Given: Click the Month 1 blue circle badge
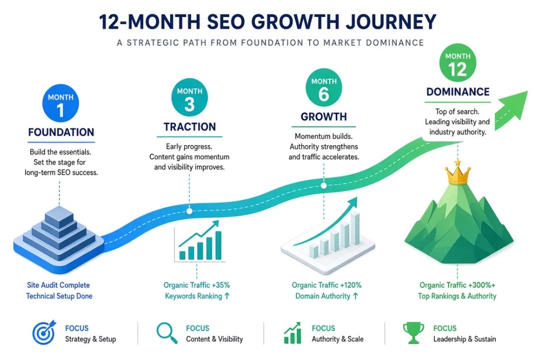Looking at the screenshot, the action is tap(61, 103).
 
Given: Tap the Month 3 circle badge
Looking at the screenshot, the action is tap(189, 98).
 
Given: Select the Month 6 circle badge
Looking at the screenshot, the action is tap(324, 88).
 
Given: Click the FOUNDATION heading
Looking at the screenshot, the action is tap(61, 132).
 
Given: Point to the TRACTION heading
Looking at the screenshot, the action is tap(190, 127).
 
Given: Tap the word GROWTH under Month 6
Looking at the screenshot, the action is tap(324, 117).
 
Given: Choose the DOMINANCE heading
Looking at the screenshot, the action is tap(458, 92).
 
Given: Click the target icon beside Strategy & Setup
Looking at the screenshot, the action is tap(44, 332).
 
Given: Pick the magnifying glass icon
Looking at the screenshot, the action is tap(167, 332).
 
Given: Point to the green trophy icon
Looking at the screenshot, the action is tap(413, 332).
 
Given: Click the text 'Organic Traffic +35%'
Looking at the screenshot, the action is tap(197, 285).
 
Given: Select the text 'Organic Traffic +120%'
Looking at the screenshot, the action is tap(327, 285).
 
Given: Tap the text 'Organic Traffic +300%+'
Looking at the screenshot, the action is tap(457, 285).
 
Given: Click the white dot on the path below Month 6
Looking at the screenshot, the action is tap(324, 186).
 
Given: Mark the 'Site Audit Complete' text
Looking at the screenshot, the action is tap(59, 285).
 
